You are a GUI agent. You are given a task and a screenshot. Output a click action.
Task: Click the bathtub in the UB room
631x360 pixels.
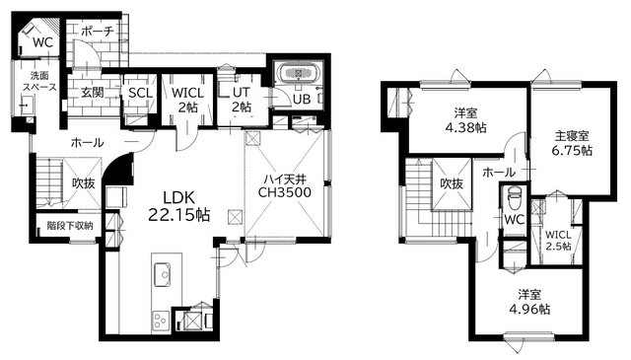[298, 73]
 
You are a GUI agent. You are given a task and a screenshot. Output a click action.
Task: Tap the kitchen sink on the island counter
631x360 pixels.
[162, 274]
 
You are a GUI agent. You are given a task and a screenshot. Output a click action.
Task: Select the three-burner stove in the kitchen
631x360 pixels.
[160, 322]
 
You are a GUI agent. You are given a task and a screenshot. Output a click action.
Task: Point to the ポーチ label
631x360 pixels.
[98, 32]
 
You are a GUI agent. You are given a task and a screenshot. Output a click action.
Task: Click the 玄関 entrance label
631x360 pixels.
[93, 93]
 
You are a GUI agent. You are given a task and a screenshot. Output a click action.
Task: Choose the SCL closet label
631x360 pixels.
[140, 93]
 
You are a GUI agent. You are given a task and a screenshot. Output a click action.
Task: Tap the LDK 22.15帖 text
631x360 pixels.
[178, 206]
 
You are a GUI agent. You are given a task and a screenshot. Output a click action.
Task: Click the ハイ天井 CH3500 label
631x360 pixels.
[285, 185]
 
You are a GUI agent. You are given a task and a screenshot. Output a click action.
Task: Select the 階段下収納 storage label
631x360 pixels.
[70, 226]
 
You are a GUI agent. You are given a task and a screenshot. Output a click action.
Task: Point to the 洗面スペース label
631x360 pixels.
[39, 81]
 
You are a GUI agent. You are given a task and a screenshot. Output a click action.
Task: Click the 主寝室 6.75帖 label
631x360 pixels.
[572, 143]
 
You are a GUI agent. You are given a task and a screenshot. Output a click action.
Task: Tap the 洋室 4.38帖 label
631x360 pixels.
[465, 120]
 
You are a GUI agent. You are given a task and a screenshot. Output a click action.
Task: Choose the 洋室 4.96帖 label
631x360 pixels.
[529, 302]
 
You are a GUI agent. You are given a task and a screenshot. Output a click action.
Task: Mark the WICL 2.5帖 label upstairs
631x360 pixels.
[558, 241]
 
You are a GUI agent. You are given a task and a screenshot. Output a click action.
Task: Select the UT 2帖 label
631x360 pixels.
[242, 100]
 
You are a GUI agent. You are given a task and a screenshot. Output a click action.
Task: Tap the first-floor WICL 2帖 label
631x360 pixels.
[187, 100]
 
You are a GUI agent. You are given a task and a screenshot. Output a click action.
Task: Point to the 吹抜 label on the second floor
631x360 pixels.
[452, 184]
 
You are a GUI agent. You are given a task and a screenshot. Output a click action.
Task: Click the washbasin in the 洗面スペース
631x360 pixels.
[27, 106]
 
